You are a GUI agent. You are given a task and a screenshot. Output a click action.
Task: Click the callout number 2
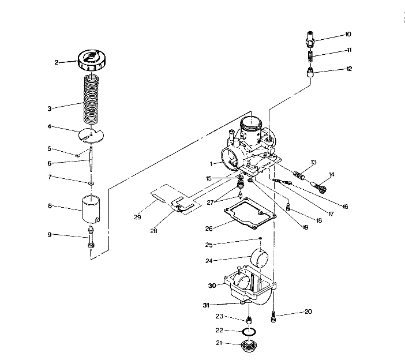click(57, 62)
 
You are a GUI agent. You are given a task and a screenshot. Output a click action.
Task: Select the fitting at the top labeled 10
click(311, 40)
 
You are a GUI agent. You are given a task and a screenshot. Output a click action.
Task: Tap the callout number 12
click(348, 69)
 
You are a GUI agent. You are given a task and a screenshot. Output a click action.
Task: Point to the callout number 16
click(345, 206)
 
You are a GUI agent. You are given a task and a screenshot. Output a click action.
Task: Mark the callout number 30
click(212, 285)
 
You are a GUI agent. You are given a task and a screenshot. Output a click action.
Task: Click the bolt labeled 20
click(275, 316)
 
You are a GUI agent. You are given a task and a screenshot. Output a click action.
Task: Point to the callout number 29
click(137, 217)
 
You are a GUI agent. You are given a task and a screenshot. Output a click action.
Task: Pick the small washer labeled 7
click(92, 184)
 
